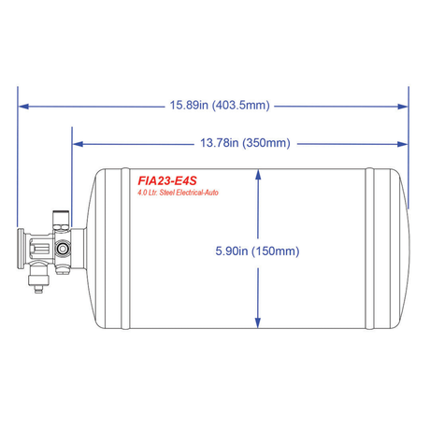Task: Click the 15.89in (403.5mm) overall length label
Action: pos(220,106)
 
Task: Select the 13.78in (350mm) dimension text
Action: pos(245,143)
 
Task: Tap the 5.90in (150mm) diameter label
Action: pos(257,251)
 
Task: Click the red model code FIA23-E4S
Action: pos(167,180)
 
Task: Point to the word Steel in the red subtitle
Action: pos(167,193)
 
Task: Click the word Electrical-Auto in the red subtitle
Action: pos(197,193)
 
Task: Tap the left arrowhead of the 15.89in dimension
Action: pos(24,107)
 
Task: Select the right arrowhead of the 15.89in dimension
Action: pos(403,107)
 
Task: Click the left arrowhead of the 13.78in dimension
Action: pos(78,144)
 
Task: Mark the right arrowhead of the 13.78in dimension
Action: pos(403,144)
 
